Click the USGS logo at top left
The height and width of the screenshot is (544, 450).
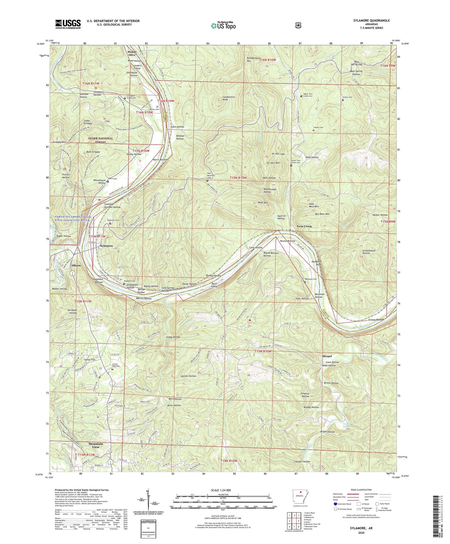(68, 24)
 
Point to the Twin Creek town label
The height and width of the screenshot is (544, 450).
(304, 226)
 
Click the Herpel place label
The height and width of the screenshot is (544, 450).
(327, 356)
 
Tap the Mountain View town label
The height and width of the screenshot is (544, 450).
(96, 445)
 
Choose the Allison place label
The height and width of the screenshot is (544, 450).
(76, 265)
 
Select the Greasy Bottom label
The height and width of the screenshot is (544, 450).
(376, 320)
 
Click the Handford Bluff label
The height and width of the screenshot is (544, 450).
(315, 263)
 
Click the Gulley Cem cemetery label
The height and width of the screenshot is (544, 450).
(347, 97)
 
